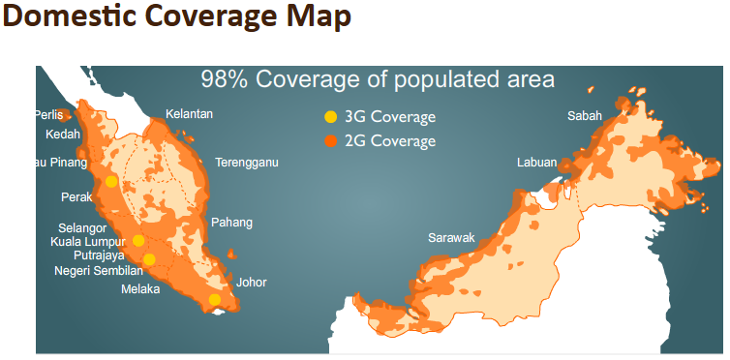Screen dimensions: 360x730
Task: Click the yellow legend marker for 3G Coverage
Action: (x=331, y=117)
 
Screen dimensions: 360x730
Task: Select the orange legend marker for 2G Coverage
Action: (x=331, y=141)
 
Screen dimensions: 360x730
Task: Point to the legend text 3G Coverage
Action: (x=390, y=117)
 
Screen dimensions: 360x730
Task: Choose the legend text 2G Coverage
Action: (x=390, y=141)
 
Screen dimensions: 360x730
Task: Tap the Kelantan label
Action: (x=189, y=114)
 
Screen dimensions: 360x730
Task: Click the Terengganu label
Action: (x=247, y=163)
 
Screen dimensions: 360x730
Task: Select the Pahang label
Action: (x=231, y=223)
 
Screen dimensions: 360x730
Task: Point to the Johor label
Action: (x=251, y=283)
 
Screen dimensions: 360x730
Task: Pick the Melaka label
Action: (x=140, y=289)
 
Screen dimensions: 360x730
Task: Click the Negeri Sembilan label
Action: (x=99, y=271)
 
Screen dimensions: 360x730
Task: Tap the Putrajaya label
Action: (x=99, y=255)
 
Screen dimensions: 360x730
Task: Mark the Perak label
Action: (x=76, y=196)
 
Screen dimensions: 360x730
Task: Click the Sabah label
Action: (x=584, y=116)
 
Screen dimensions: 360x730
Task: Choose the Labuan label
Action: (x=536, y=163)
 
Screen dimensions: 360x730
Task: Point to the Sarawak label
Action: (x=451, y=237)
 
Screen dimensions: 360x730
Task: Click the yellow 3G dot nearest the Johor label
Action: (x=214, y=300)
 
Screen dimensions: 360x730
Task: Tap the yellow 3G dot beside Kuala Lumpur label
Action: (x=138, y=241)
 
